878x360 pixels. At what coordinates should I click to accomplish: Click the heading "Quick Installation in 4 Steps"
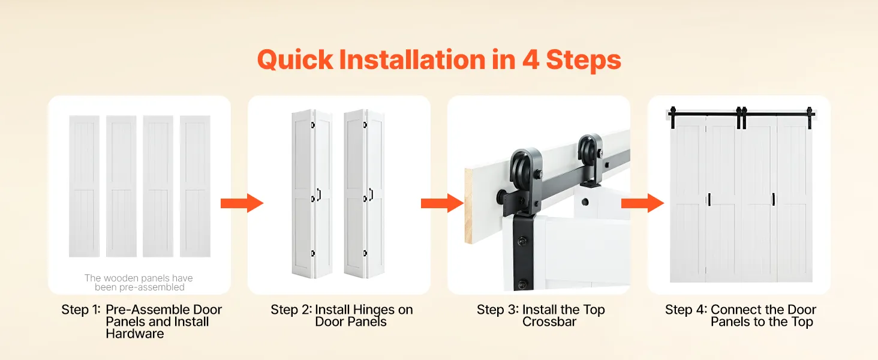point(439,60)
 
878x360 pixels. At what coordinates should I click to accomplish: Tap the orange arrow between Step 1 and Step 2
point(242,203)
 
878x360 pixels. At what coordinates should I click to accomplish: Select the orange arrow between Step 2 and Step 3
point(442,203)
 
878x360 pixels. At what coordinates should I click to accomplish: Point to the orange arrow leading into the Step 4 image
point(642,203)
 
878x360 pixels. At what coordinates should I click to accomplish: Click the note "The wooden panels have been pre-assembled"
point(139,283)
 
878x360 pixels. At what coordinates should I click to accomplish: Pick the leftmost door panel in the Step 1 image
point(85,186)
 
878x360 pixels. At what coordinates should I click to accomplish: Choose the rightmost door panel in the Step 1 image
point(195,186)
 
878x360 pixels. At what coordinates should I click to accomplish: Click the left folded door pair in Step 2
point(312,194)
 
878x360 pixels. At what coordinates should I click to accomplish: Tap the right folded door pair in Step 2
point(365,194)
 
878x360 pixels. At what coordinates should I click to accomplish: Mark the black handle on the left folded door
point(319,194)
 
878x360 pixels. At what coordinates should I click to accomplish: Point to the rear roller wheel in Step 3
point(589,152)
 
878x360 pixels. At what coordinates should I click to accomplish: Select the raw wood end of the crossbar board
point(468,205)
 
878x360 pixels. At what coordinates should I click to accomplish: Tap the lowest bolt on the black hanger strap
point(522,284)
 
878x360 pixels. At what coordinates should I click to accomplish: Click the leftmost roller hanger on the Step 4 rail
point(673,117)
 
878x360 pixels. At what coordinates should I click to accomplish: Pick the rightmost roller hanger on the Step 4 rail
point(810,117)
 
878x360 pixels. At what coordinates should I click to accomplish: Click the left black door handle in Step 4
point(709,199)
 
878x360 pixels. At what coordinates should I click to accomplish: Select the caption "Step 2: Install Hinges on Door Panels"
point(342,315)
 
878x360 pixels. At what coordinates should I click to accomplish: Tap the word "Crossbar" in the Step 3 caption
point(549,322)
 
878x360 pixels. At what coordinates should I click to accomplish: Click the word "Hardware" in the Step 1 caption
point(135,334)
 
